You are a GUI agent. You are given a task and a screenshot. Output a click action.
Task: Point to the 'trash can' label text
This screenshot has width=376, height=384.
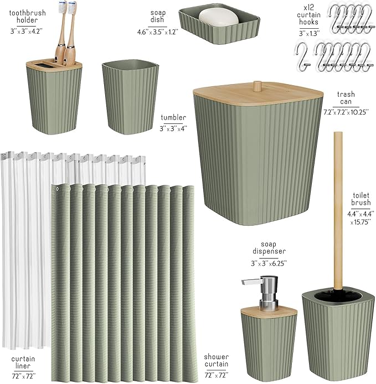pyautogui.click(x=346, y=98)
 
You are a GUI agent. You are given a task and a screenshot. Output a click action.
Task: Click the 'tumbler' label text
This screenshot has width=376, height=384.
pyautogui.click(x=173, y=117)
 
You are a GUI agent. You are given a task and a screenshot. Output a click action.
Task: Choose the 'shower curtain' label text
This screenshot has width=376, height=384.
pyautogui.click(x=215, y=361)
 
